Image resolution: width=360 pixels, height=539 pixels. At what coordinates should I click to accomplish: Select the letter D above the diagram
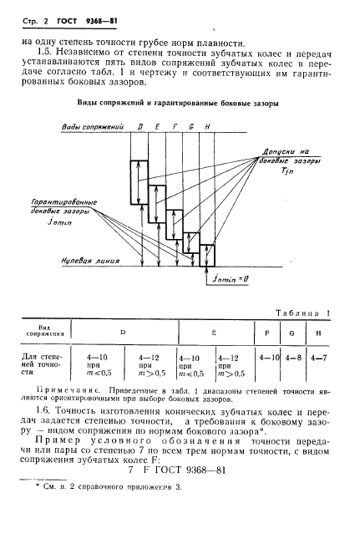(140, 126)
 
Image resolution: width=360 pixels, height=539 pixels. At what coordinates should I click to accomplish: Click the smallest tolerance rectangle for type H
(207, 253)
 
